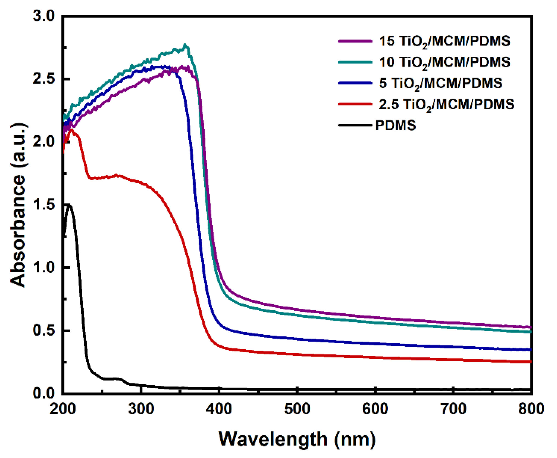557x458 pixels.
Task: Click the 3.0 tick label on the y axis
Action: [x=43, y=16]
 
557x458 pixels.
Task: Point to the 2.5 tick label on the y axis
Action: [x=43, y=79]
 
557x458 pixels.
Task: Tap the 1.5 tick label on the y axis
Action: [x=43, y=205]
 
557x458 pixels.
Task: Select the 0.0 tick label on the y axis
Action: [x=43, y=393]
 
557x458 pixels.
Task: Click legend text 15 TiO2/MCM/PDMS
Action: [x=444, y=41]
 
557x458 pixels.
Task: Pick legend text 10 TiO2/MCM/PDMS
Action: [x=444, y=62]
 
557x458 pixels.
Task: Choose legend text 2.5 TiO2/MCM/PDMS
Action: [x=446, y=104]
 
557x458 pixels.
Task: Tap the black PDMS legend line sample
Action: [x=355, y=125]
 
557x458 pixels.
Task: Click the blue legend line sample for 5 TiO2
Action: [x=355, y=83]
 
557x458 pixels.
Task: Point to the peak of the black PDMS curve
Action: [x=69, y=205]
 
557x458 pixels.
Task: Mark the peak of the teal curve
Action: [x=185, y=45]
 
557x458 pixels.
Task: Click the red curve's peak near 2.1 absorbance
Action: [x=72, y=130]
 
